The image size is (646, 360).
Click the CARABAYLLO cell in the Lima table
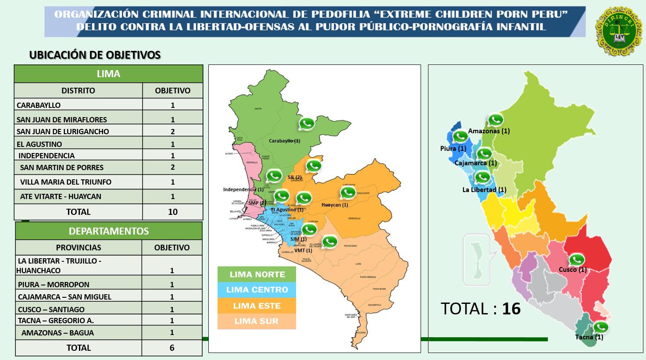[x=39, y=105]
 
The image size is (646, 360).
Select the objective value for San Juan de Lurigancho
[x=173, y=132]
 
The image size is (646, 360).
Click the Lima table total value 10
[x=173, y=212]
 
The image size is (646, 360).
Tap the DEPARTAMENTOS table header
[x=109, y=231]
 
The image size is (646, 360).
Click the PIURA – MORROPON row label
[x=54, y=285]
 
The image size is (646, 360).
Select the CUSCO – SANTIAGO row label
[x=51, y=310]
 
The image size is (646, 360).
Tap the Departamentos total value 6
[x=172, y=348]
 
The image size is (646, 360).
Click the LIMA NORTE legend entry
[x=257, y=274]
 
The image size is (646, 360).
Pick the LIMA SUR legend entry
[x=257, y=321]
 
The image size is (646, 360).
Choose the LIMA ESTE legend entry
[x=257, y=306]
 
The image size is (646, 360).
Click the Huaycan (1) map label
[x=335, y=205]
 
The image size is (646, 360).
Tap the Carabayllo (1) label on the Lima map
[x=285, y=141]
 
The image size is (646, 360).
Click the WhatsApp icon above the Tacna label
[x=601, y=327]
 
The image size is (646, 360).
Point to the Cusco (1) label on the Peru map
[x=572, y=270]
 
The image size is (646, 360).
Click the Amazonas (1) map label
[x=489, y=131]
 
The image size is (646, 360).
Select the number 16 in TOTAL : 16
[x=511, y=309]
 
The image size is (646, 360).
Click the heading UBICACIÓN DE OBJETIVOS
[x=95, y=55]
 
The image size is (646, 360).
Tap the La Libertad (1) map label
[x=484, y=190]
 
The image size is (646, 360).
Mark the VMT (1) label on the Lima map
[x=303, y=250]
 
